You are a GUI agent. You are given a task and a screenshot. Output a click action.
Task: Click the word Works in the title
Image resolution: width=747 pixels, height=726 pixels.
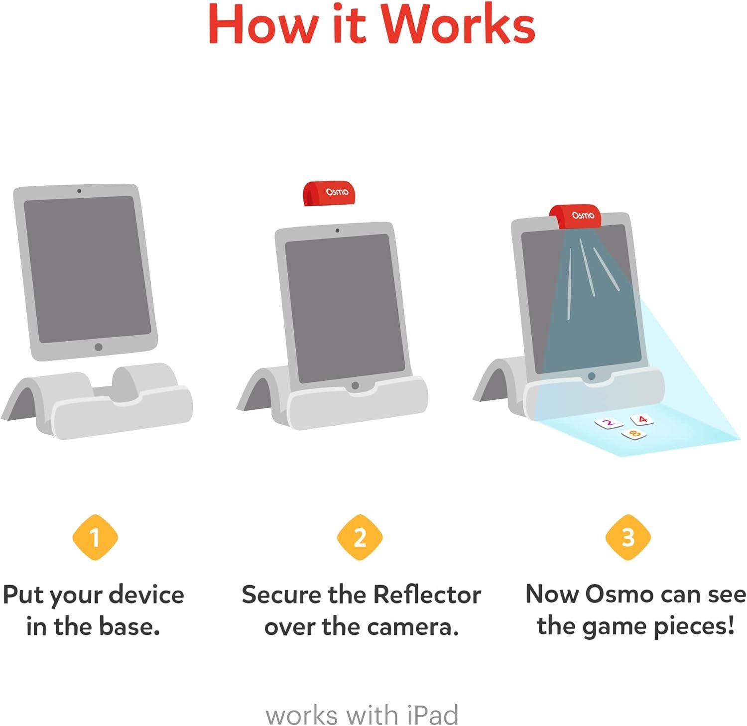(x=458, y=24)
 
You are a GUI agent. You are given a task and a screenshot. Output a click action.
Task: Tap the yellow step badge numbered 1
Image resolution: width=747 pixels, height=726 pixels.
(x=95, y=537)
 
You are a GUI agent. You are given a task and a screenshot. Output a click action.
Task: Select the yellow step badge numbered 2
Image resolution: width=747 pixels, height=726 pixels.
(x=360, y=537)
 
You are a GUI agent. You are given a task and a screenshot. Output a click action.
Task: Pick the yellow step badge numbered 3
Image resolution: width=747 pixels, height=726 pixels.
(x=628, y=537)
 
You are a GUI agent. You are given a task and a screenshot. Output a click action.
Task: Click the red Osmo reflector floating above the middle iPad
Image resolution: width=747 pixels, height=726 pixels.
(x=330, y=193)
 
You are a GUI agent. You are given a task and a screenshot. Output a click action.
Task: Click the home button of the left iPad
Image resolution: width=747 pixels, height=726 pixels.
(x=99, y=347)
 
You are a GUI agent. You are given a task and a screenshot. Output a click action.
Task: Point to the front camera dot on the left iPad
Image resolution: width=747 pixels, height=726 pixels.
(x=79, y=191)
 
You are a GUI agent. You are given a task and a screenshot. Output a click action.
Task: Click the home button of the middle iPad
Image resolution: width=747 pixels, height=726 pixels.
(x=355, y=385)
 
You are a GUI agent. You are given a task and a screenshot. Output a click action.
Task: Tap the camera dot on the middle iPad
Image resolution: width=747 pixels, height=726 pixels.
(x=337, y=231)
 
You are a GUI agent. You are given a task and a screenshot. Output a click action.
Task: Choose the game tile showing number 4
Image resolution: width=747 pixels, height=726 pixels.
(x=642, y=420)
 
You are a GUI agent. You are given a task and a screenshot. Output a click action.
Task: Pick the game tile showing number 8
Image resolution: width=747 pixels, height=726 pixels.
(x=634, y=435)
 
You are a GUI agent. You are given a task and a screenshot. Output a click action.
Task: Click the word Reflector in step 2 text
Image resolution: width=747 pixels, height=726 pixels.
(x=427, y=595)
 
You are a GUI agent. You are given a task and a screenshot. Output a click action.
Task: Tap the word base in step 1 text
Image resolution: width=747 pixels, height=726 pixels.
(x=129, y=626)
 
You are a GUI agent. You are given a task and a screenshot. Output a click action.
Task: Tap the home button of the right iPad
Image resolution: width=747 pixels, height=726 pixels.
(x=591, y=376)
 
